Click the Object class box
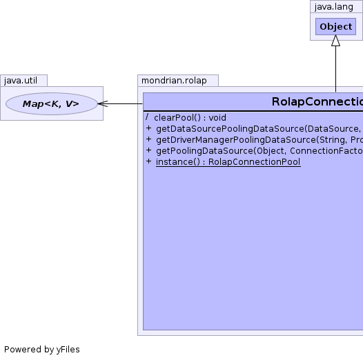pos(335,27)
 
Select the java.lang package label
pos(334,7)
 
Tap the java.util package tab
pos(24,81)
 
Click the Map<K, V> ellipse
pos(51,103)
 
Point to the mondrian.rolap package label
pos(174,81)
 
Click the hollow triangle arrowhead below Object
pos(335,41)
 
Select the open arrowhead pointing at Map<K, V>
pos(103,103)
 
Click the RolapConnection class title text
pos(317,102)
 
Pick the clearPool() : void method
pos(190,118)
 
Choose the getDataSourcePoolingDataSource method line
pos(259,129)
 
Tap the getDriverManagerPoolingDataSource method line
pos(259,140)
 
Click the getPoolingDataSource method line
pos(259,151)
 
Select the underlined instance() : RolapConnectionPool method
pos(228,162)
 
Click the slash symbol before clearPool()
pos(147,117)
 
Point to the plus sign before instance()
pos(148,161)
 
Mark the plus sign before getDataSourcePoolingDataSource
pos(148,128)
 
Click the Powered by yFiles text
pos(42,350)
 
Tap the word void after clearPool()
pos(217,118)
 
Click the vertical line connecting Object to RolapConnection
pos(335,69)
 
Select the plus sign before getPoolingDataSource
pos(148,150)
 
